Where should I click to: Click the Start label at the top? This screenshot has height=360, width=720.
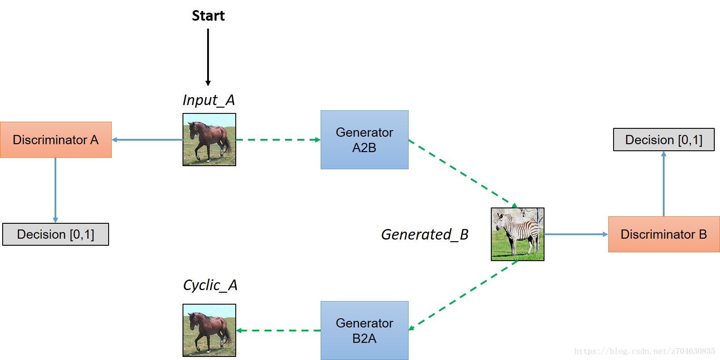(208, 16)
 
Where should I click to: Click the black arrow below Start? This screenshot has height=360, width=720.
(208, 57)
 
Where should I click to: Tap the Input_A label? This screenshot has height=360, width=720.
(208, 100)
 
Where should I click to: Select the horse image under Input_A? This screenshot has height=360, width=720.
(209, 140)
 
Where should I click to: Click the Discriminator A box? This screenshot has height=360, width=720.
(56, 140)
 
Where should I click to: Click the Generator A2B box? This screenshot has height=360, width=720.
(364, 140)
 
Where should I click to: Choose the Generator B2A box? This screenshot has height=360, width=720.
(364, 331)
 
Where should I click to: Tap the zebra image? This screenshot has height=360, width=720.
(517, 234)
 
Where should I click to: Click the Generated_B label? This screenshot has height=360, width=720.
(424, 234)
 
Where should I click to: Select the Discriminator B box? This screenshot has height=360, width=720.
(663, 234)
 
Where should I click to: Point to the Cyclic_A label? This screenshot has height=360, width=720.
(210, 285)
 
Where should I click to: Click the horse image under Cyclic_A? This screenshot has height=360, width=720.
(209, 330)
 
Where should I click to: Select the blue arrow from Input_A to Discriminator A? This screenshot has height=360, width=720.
(147, 140)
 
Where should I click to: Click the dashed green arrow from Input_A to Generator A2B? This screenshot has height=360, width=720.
(278, 140)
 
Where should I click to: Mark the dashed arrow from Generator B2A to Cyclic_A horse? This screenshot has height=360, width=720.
(278, 331)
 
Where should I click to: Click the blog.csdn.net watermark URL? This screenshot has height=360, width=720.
(644, 351)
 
